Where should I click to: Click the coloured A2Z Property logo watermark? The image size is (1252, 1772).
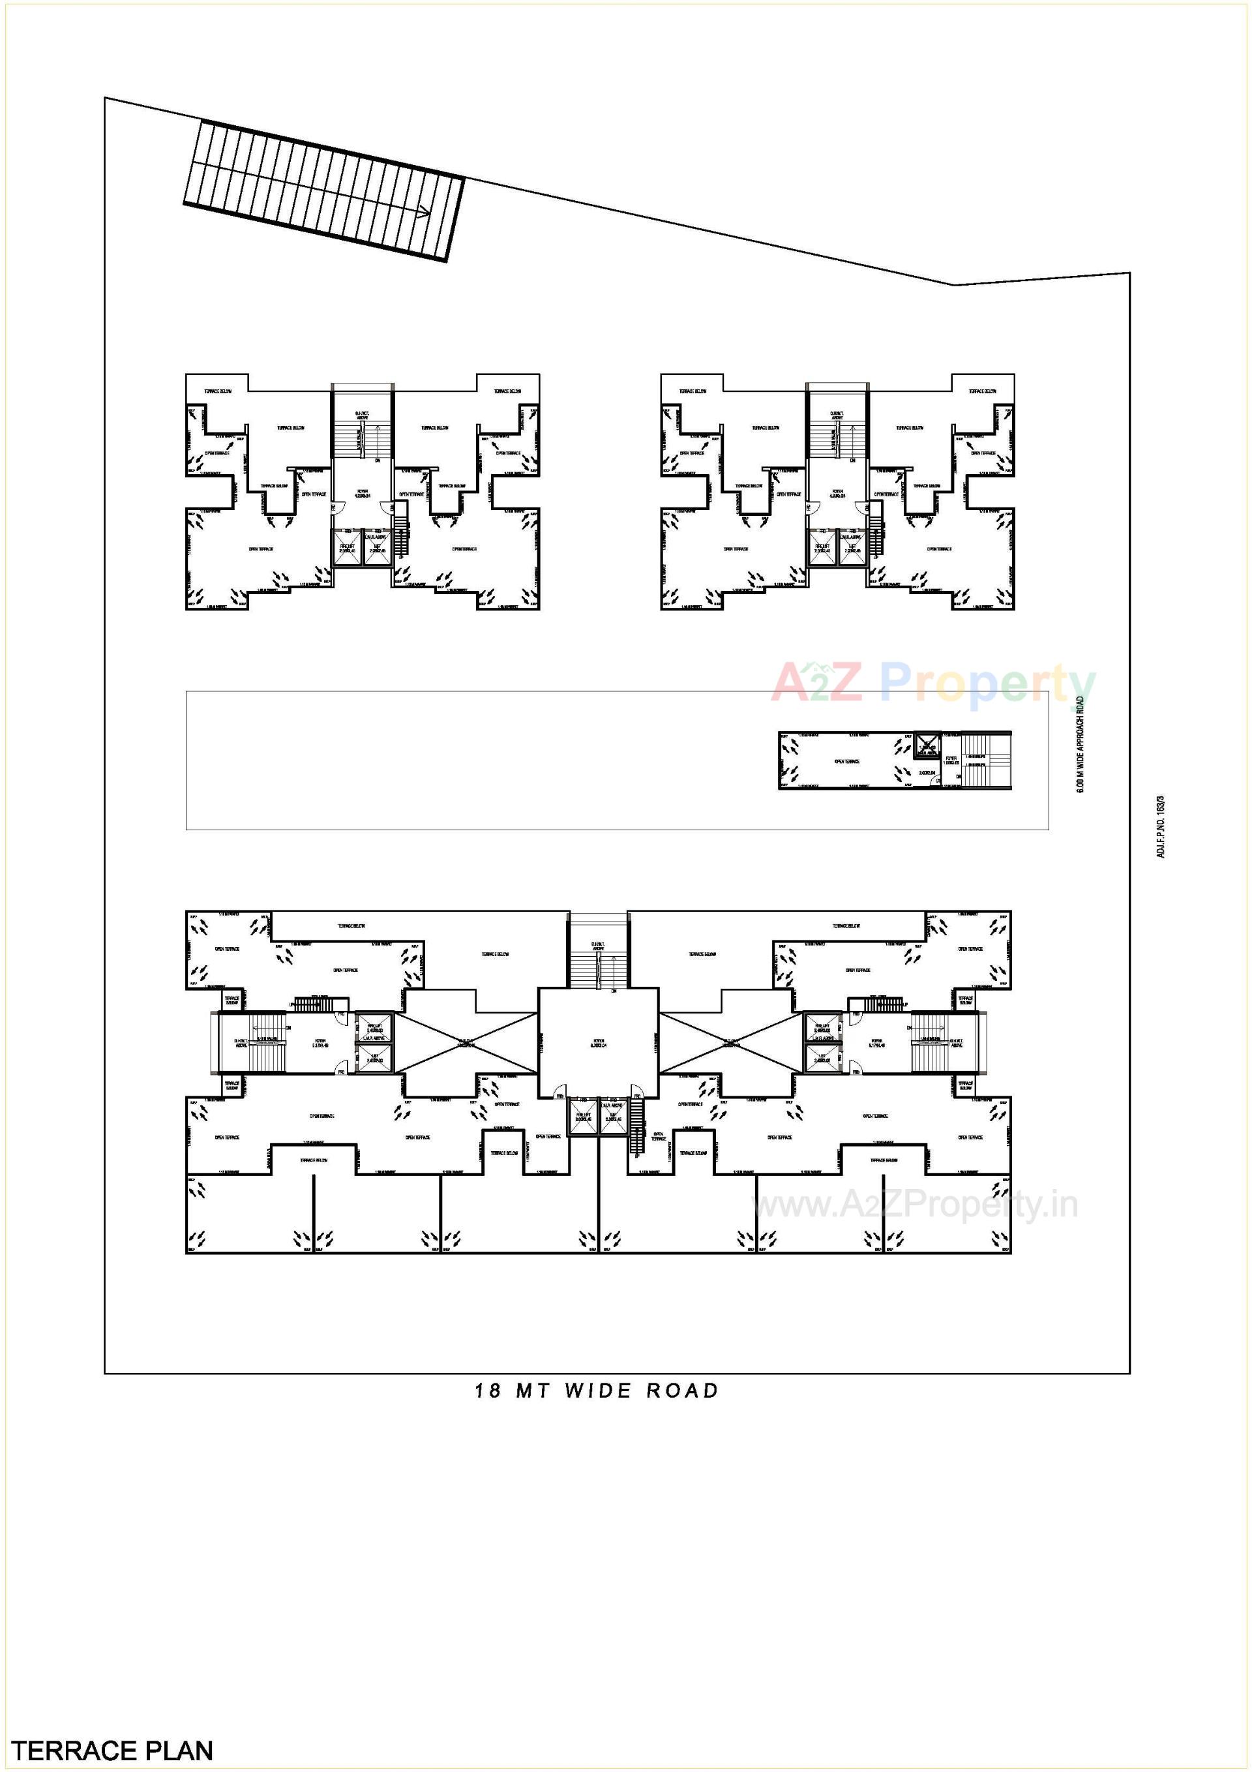click(x=934, y=683)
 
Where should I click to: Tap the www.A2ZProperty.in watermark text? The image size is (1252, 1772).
click(x=916, y=1205)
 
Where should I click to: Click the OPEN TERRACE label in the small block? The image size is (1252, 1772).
click(x=847, y=761)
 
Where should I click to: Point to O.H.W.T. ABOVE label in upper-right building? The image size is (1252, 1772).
click(x=837, y=416)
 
